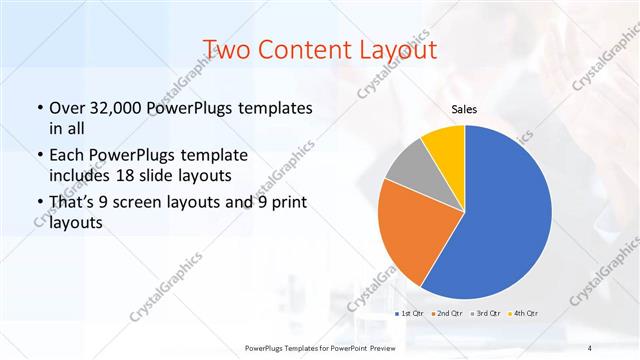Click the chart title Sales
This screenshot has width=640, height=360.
(x=464, y=109)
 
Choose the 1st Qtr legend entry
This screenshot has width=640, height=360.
(x=408, y=314)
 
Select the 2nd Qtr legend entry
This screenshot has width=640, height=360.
(x=446, y=314)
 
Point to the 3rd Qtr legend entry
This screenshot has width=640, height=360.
(x=485, y=314)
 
